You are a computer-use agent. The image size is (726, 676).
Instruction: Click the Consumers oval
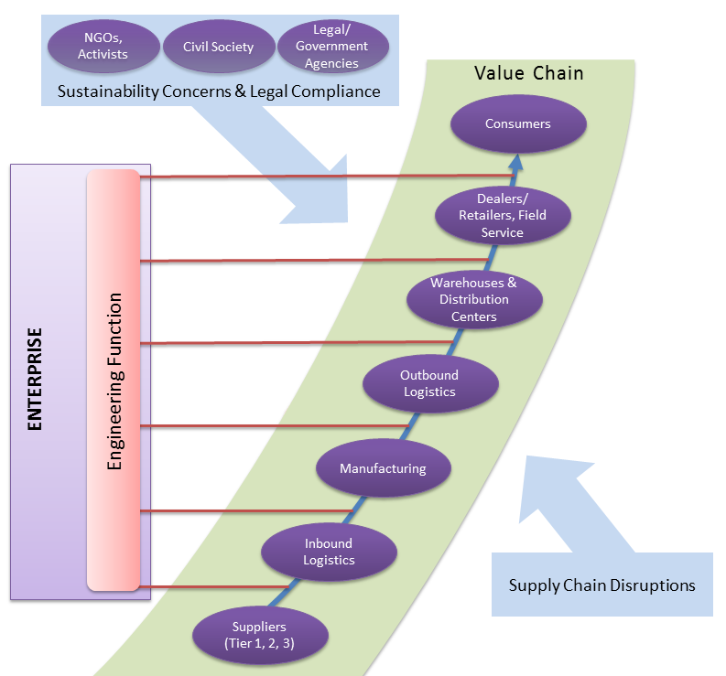click(518, 123)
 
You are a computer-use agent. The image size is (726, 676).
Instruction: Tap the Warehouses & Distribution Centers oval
click(473, 299)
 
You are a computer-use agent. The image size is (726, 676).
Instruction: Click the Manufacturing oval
click(383, 468)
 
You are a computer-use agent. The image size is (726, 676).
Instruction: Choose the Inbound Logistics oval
click(329, 552)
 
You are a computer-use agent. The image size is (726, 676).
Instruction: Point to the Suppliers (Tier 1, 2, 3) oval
click(261, 634)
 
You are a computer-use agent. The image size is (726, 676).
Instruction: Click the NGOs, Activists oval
click(103, 46)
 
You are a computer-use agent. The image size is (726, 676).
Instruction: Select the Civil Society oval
click(218, 46)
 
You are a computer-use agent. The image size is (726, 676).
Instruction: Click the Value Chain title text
click(528, 73)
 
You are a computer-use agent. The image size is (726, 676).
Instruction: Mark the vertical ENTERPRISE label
click(35, 379)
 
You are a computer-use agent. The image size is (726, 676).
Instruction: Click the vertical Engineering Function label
click(114, 381)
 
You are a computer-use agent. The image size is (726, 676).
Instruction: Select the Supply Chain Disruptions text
click(601, 585)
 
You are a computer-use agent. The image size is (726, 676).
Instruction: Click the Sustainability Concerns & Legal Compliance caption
click(219, 91)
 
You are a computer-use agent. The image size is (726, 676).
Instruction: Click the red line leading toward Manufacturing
click(247, 510)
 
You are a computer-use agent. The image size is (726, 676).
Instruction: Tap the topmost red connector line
click(320, 176)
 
